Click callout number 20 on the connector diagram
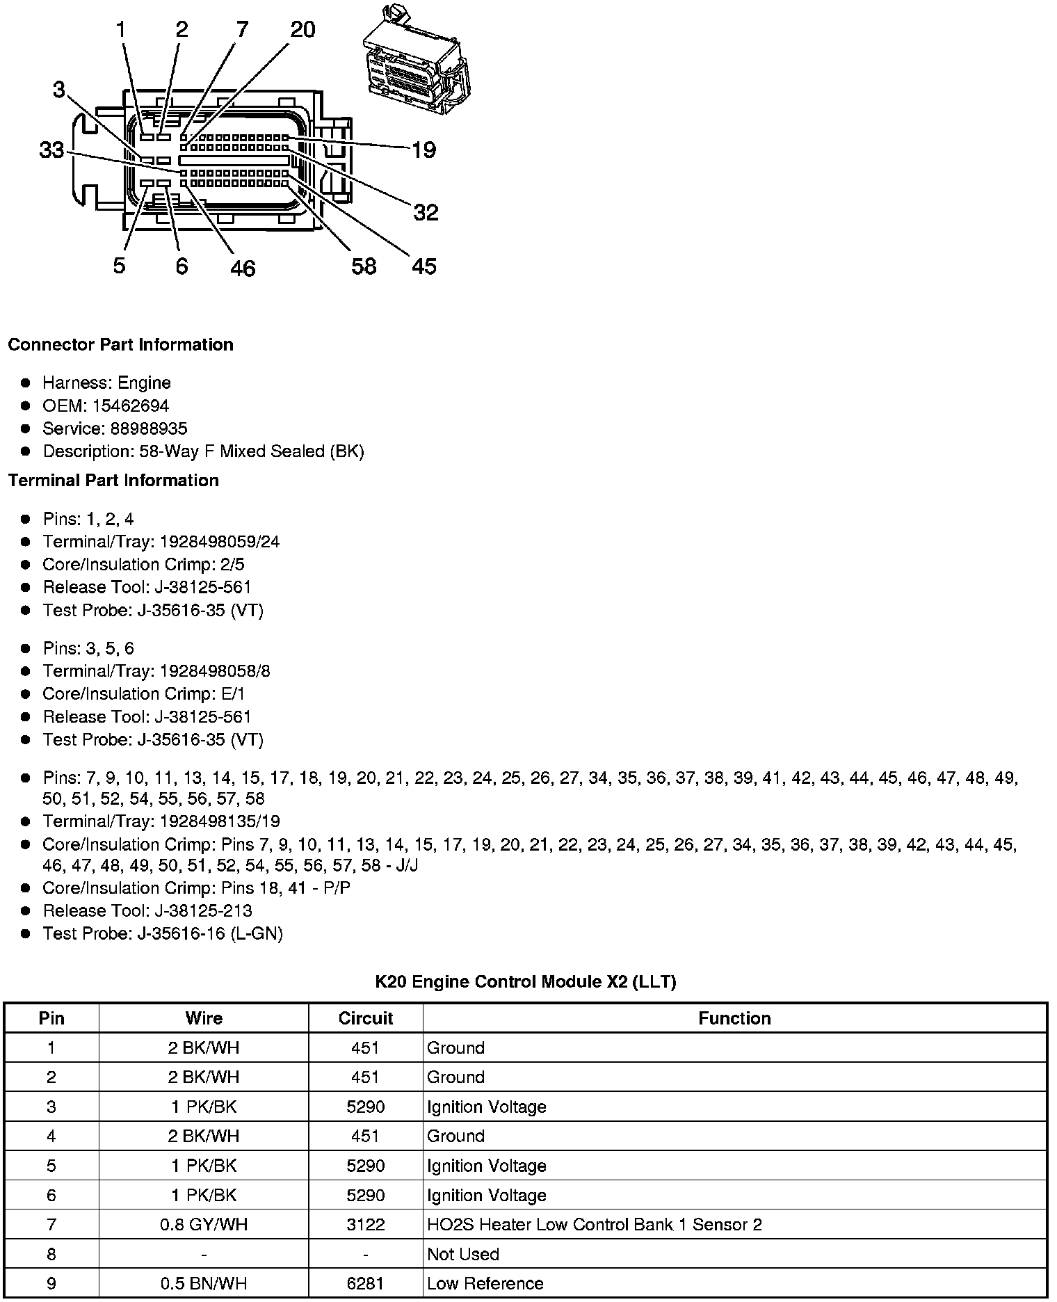coord(302,29)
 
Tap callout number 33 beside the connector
coord(51,150)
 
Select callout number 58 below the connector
coord(364,266)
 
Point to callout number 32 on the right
coord(426,212)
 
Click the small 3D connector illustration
coord(415,61)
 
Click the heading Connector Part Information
coord(120,345)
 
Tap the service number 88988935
coord(149,428)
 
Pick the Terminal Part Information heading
coord(113,481)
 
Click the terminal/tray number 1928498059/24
coord(220,542)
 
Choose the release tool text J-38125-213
coord(195,910)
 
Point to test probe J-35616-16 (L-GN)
coord(210,933)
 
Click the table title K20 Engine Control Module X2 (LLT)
coord(526,981)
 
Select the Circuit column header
coord(366,1018)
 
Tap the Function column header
coord(734,1018)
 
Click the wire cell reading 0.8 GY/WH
coord(204,1224)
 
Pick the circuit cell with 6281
coord(366,1283)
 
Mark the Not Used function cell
coord(463,1254)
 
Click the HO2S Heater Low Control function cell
coord(594,1224)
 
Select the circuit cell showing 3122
coord(366,1224)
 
